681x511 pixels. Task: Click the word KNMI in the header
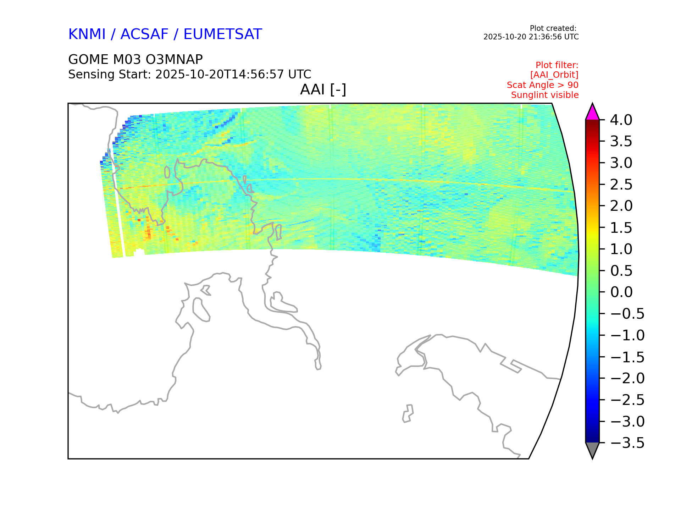click(87, 34)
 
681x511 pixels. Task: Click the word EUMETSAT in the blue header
click(223, 34)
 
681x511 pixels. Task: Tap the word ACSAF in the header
click(144, 34)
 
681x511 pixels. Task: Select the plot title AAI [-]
click(323, 89)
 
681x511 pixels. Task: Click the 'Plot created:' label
click(553, 28)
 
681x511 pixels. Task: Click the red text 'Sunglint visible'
click(545, 95)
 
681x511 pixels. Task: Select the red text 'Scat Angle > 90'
click(543, 85)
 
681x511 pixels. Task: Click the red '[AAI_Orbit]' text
click(554, 75)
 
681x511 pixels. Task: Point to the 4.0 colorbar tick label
click(621, 120)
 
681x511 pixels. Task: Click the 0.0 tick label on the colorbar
click(621, 292)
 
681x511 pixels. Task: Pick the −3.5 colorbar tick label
click(627, 443)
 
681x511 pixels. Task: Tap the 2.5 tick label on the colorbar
click(621, 185)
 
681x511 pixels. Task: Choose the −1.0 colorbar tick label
click(627, 335)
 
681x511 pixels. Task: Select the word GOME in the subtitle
click(88, 59)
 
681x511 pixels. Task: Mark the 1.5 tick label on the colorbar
click(621, 228)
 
